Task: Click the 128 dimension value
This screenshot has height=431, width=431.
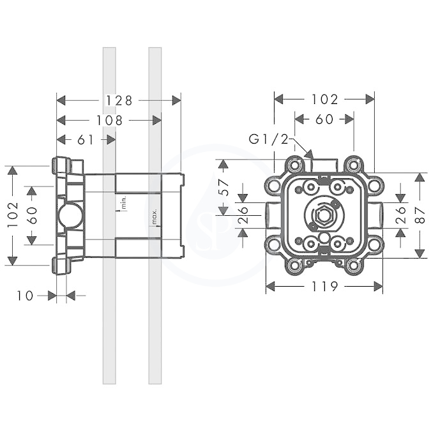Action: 119,101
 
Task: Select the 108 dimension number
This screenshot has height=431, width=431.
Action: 109,121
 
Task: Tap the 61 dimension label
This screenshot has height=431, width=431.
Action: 85,140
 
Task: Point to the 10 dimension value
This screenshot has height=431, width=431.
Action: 25,296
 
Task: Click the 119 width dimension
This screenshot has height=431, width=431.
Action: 324,287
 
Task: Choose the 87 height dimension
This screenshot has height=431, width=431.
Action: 420,215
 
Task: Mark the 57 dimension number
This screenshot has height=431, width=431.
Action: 225,187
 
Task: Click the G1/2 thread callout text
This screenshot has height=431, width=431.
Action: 269,140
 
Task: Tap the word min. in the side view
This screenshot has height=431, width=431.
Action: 124,202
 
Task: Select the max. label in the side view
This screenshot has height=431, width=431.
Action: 155,217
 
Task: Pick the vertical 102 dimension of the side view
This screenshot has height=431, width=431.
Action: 13,215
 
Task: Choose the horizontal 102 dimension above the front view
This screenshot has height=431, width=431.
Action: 324,100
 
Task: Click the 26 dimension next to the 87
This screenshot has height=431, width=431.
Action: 401,215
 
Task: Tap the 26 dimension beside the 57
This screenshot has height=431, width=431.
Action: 243,215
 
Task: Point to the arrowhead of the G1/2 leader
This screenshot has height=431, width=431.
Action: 310,155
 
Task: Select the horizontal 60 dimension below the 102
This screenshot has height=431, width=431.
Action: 324,119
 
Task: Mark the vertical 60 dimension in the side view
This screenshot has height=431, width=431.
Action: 32,215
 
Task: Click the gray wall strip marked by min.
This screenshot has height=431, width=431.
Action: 109,216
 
